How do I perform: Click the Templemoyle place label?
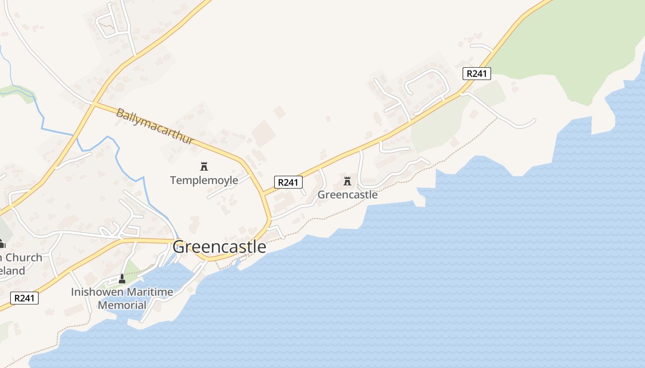[204, 180]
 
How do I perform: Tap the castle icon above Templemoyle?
[204, 166]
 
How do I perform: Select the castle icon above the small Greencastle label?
[347, 181]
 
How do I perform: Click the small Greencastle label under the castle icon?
[347, 195]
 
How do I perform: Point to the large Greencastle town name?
[219, 247]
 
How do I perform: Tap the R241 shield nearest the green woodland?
[477, 73]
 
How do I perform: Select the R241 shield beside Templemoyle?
[288, 182]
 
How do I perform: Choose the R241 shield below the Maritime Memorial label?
[24, 298]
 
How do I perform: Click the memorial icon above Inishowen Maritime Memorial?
[122, 279]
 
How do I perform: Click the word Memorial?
[122, 305]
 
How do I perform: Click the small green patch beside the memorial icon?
[132, 269]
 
